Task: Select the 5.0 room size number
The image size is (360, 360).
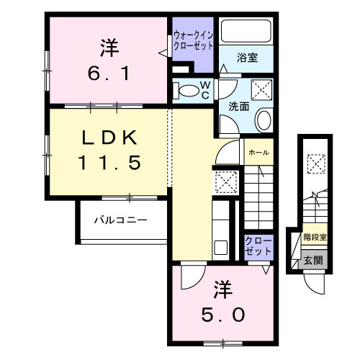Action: (x=223, y=315)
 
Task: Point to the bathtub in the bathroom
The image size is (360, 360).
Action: (x=246, y=32)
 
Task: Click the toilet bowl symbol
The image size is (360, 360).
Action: (x=188, y=91)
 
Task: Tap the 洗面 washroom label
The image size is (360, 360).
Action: (x=239, y=106)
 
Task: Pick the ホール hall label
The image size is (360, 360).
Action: (x=259, y=153)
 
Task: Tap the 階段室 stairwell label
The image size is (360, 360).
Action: (x=315, y=236)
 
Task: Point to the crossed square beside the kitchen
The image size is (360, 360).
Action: (x=224, y=182)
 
